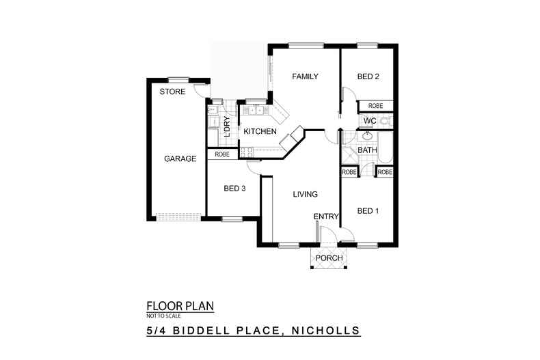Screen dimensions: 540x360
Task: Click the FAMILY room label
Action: click(305, 77)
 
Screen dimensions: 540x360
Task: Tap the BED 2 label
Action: click(368, 77)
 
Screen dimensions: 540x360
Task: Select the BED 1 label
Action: click(368, 210)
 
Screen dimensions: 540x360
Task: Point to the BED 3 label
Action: click(234, 189)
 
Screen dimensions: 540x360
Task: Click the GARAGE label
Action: click(180, 158)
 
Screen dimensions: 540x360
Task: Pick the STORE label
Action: click(172, 92)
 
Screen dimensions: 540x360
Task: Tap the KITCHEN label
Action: click(260, 131)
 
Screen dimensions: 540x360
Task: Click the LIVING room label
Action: click(305, 194)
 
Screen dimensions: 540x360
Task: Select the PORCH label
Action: click(329, 258)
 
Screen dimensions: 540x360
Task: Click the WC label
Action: click(370, 121)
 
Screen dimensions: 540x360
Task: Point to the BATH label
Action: click(367, 150)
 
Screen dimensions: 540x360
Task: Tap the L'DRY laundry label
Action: click(227, 126)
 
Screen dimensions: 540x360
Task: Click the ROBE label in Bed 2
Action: click(375, 106)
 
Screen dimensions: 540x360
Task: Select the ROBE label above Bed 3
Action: click(222, 154)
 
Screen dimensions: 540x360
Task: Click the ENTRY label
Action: click(326, 217)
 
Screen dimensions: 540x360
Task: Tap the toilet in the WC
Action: click(386, 121)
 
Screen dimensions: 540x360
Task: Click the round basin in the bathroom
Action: click(367, 137)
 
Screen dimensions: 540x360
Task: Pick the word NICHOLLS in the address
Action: click(326, 331)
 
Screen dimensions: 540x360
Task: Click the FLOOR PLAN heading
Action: click(180, 306)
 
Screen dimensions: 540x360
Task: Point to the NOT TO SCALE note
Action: click(163, 316)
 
